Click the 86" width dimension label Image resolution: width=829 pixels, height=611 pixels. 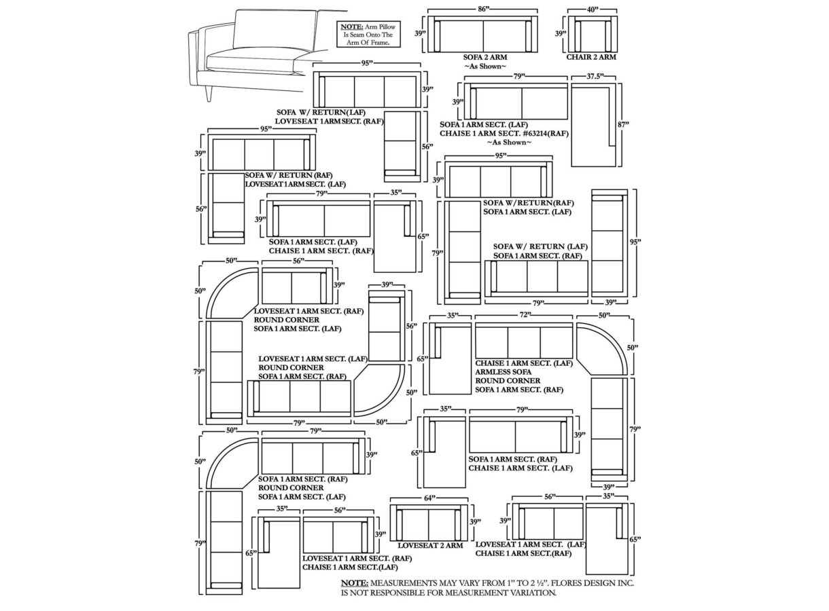482,10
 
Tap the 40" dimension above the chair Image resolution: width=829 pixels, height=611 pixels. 593,10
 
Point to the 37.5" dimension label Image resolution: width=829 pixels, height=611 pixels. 595,76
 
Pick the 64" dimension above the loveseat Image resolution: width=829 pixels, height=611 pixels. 429,498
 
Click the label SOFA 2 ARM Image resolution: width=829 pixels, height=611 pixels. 484,57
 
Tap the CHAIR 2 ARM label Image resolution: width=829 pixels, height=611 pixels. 591,57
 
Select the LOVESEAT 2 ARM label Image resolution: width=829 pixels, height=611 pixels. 430,546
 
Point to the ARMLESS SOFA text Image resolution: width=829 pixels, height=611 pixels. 503,372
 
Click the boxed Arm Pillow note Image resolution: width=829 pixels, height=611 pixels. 368,34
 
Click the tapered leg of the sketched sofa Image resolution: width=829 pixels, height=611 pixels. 209,93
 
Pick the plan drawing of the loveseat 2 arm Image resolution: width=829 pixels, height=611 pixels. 429,523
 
